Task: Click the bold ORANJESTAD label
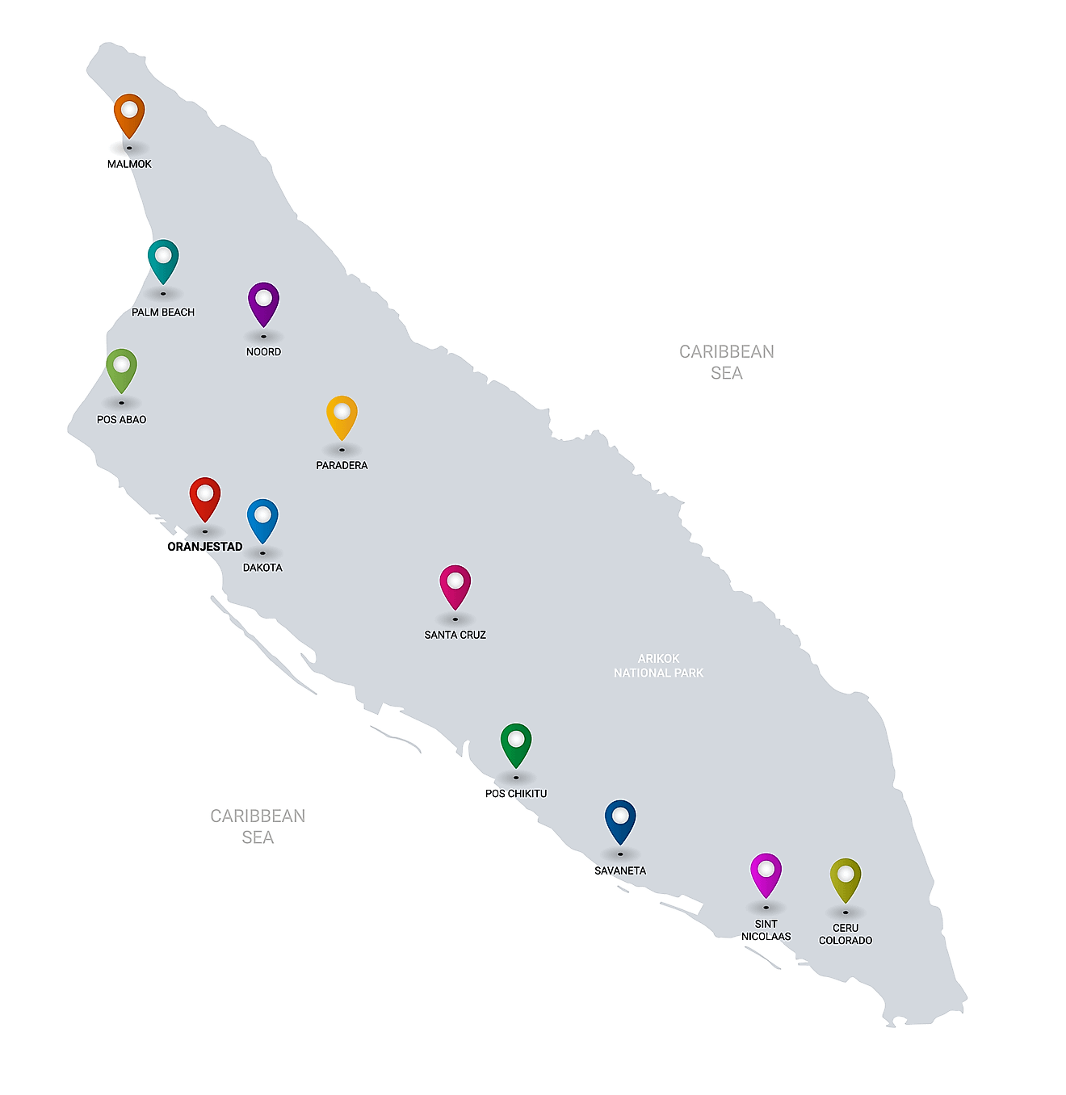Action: coord(205,547)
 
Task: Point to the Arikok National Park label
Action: coord(658,665)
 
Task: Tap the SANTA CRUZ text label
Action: coord(455,635)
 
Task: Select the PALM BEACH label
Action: coord(163,313)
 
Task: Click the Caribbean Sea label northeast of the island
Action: coord(727,362)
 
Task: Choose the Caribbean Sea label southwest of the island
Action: coord(258,826)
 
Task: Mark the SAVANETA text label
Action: coord(620,871)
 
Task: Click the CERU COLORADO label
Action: coord(846,934)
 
